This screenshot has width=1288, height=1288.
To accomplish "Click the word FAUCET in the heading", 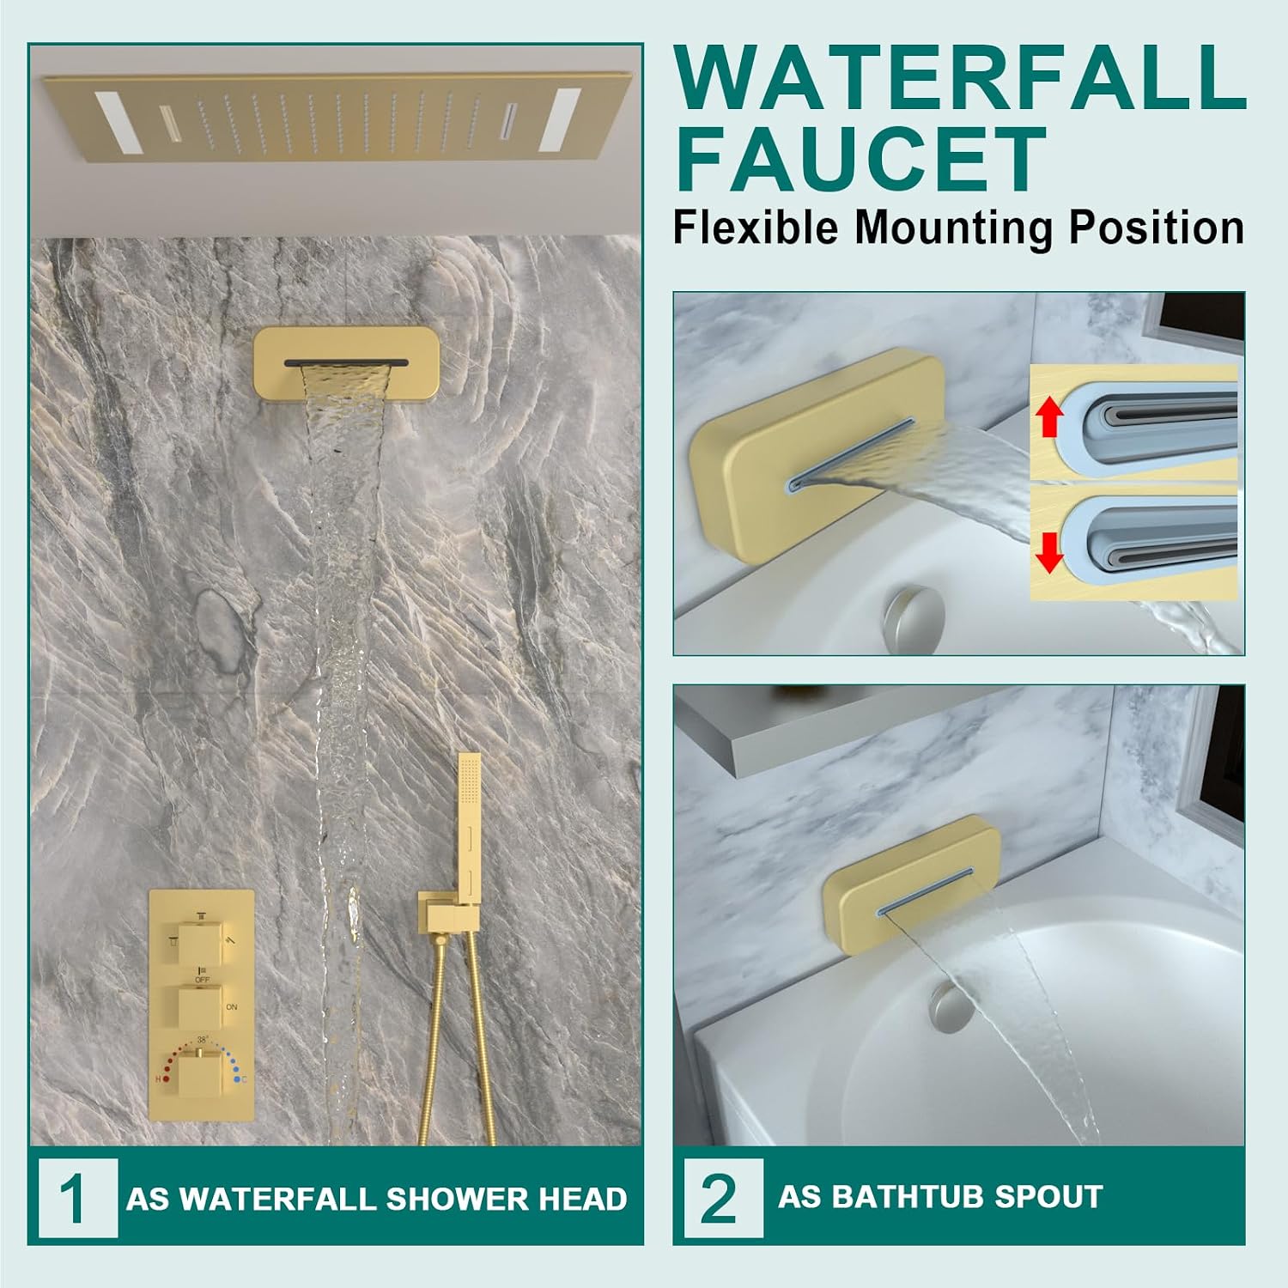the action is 861,159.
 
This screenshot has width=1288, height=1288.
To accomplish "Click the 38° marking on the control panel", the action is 202,1038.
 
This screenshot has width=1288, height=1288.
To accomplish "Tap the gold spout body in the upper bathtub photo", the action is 816,455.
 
